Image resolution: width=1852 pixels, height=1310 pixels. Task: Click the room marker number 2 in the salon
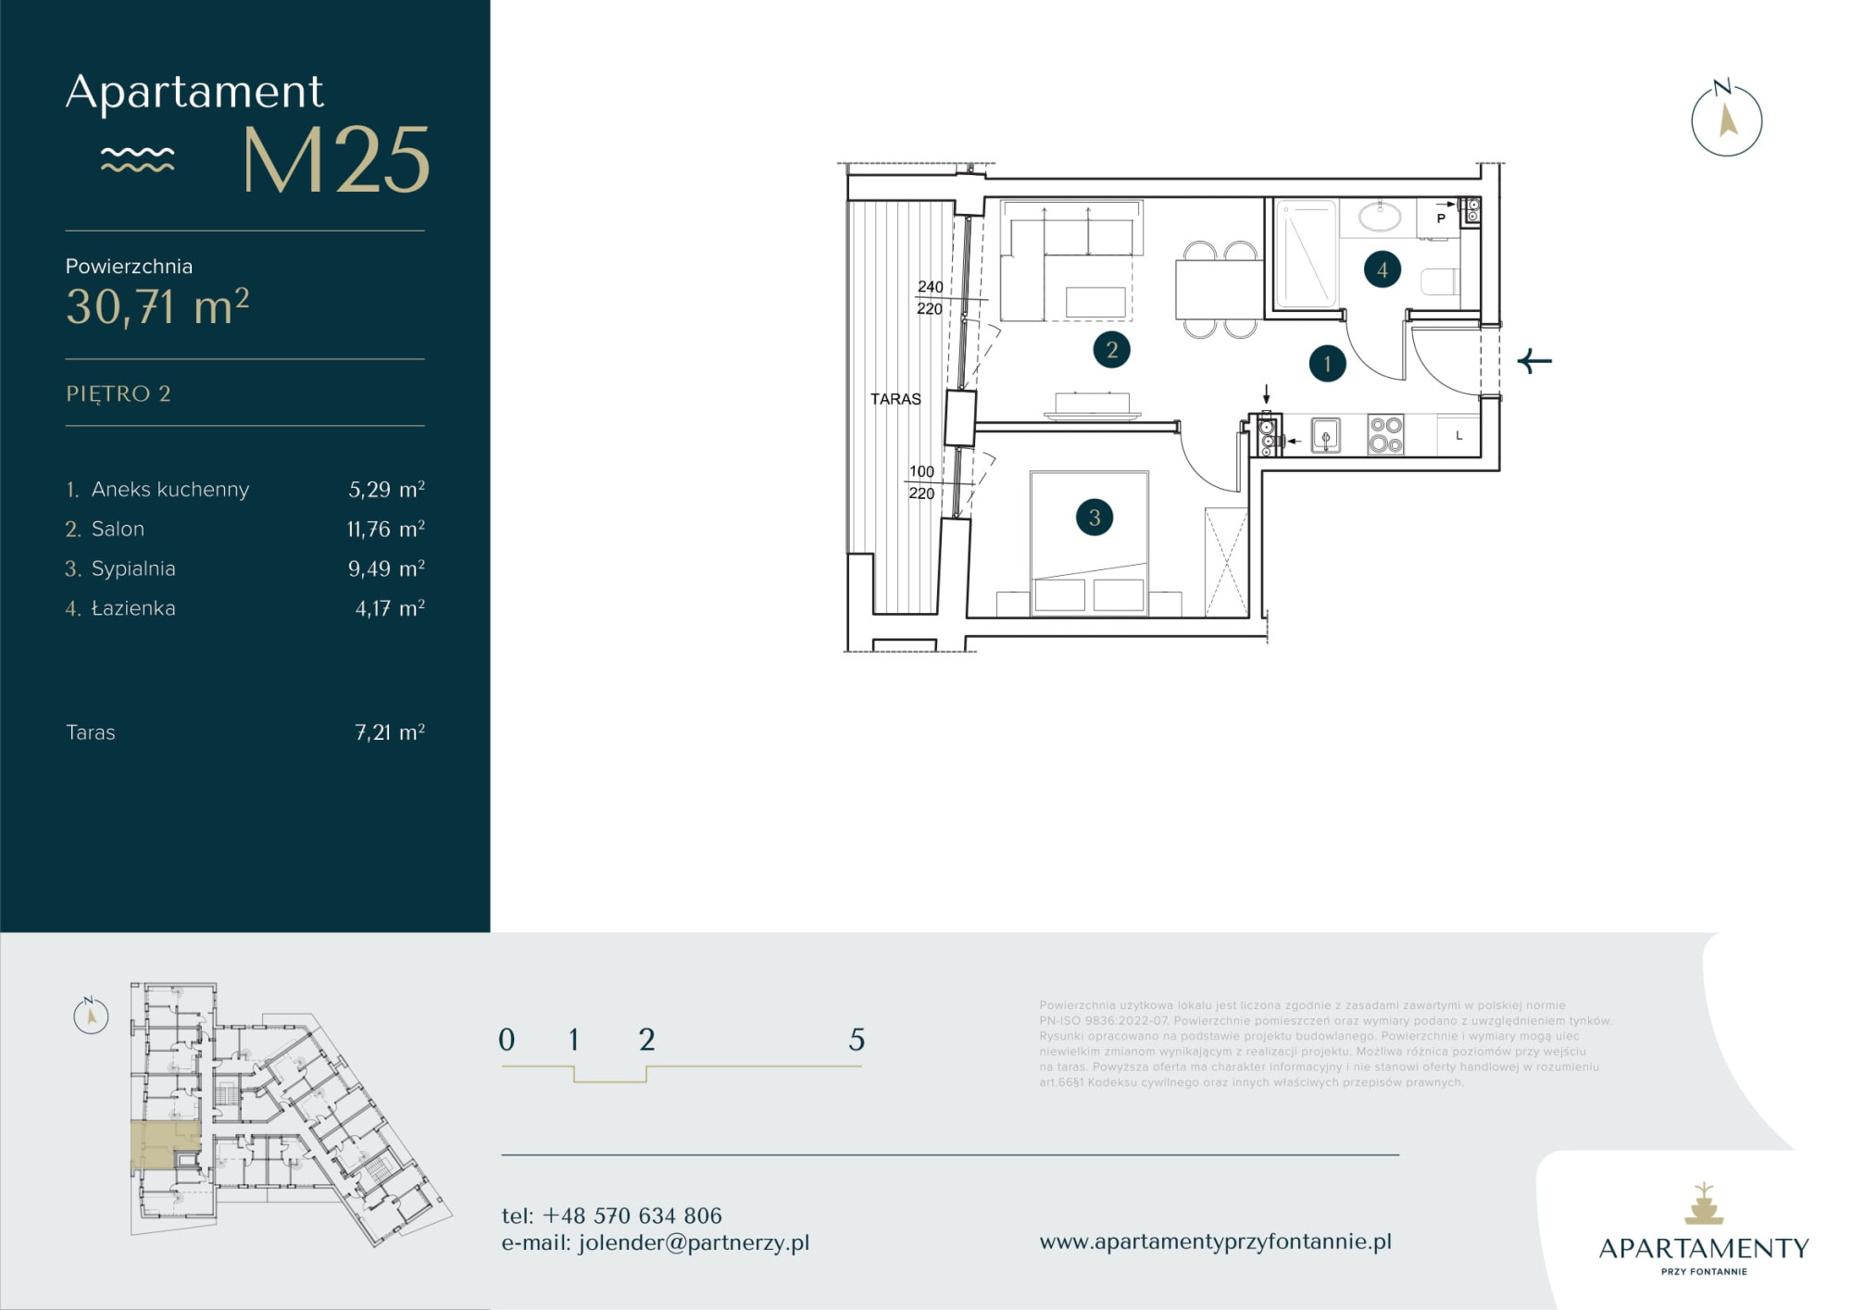pos(1111,350)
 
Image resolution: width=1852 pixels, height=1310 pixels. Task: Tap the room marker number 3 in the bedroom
pos(1094,518)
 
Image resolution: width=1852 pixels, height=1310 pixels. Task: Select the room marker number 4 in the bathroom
pos(1382,269)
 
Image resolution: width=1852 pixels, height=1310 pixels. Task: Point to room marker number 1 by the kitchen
pos(1327,364)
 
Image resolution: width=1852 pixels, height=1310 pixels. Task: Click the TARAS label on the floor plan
pos(895,399)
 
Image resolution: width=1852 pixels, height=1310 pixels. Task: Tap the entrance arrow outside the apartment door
pos(1534,361)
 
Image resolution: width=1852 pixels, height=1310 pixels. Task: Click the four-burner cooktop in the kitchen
pos(1385,434)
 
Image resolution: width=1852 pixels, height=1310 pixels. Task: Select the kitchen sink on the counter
pos(1325,435)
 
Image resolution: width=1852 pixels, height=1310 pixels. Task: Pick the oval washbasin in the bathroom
pos(1380,217)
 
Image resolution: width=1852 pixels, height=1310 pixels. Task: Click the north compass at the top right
pos(1726,119)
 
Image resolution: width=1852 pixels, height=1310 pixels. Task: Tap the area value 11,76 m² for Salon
pos(385,529)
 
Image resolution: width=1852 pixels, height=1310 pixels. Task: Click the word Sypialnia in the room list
pos(133,568)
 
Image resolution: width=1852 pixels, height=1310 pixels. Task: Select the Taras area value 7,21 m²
pos(390,732)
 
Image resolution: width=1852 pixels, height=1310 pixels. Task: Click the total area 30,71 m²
pos(157,306)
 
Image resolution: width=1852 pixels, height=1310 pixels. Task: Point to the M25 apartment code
pos(336,160)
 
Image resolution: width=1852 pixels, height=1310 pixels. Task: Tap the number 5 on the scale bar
pos(857,1040)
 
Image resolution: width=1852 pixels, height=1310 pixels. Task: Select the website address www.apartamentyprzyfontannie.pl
pos(1215,1241)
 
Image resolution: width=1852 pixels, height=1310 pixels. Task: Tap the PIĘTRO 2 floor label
pos(119,393)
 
